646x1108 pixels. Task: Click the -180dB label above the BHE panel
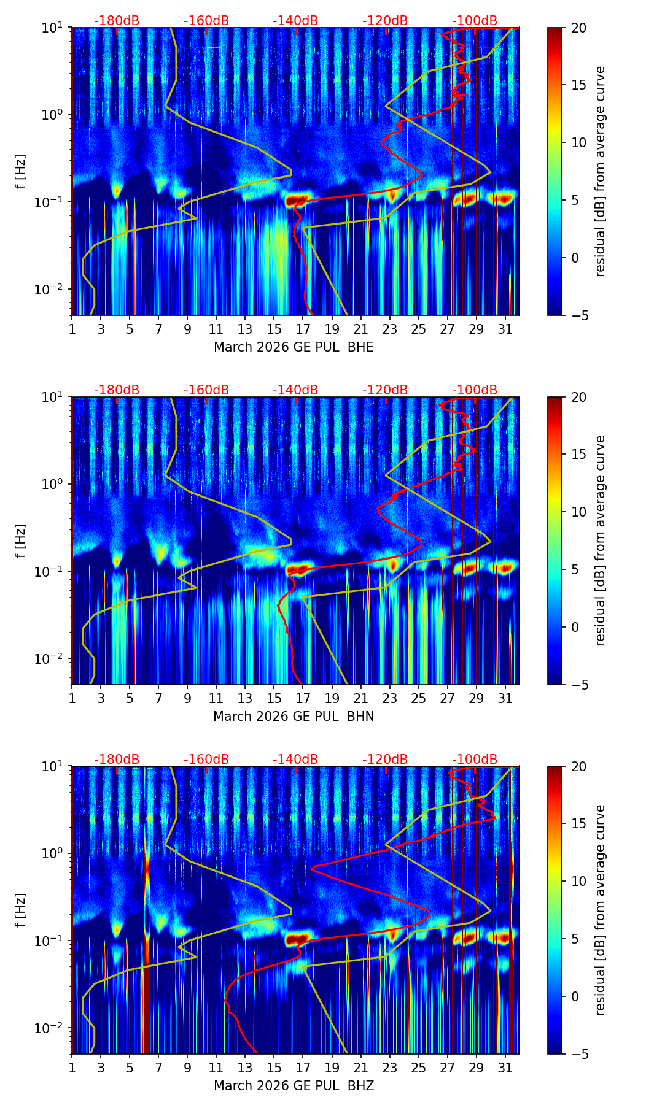(x=117, y=21)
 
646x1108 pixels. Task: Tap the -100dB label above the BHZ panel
(x=475, y=760)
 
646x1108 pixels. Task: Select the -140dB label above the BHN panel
(x=295, y=390)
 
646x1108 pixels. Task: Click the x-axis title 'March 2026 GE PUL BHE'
(x=294, y=347)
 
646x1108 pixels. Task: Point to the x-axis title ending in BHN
(x=294, y=717)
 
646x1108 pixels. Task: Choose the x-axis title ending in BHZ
(x=294, y=1086)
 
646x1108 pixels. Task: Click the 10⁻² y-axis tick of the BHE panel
(x=54, y=289)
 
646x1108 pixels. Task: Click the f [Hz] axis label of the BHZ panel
(x=21, y=910)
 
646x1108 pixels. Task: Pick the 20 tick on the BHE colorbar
(x=578, y=28)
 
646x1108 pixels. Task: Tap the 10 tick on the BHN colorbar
(x=578, y=512)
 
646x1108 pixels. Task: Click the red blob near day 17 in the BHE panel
(x=296, y=200)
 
